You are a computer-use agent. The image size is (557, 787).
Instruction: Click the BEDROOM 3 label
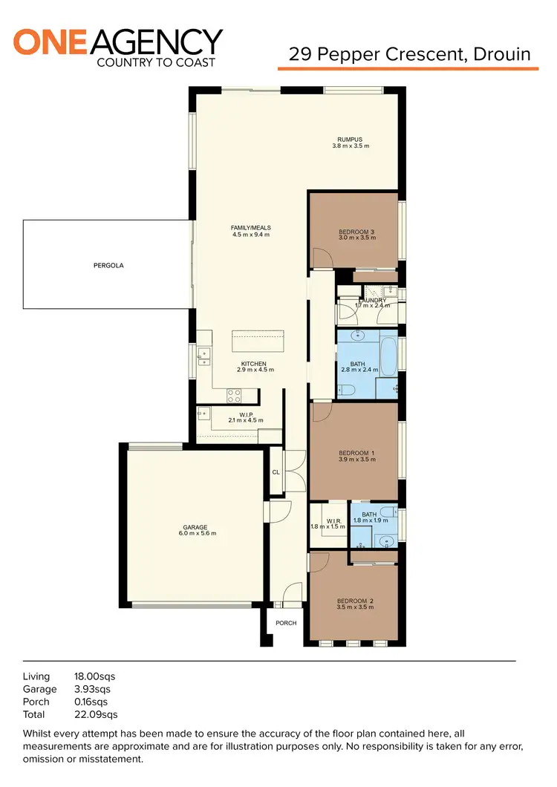click(x=356, y=231)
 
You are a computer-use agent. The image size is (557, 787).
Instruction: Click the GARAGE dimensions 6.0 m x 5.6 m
click(x=197, y=533)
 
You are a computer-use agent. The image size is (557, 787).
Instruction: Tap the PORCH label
click(x=286, y=623)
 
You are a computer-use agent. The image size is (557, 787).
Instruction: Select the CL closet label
click(x=276, y=471)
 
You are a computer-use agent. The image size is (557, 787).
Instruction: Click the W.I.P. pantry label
click(x=247, y=414)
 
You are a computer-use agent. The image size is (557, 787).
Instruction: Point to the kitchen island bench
click(x=258, y=342)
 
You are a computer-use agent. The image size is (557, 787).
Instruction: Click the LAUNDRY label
click(x=372, y=301)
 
